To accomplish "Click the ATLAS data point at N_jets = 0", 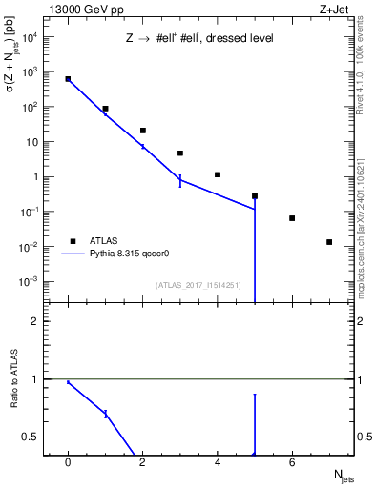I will [x=68, y=79].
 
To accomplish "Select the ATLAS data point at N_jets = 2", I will [x=142, y=131].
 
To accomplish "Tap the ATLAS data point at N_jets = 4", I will [x=218, y=174].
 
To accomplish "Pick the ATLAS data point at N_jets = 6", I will [x=292, y=218].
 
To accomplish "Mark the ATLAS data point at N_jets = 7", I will [x=329, y=242].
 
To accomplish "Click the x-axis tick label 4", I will [x=218, y=462].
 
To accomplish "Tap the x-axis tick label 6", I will [x=292, y=462].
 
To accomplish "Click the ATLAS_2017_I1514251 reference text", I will [x=198, y=284].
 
